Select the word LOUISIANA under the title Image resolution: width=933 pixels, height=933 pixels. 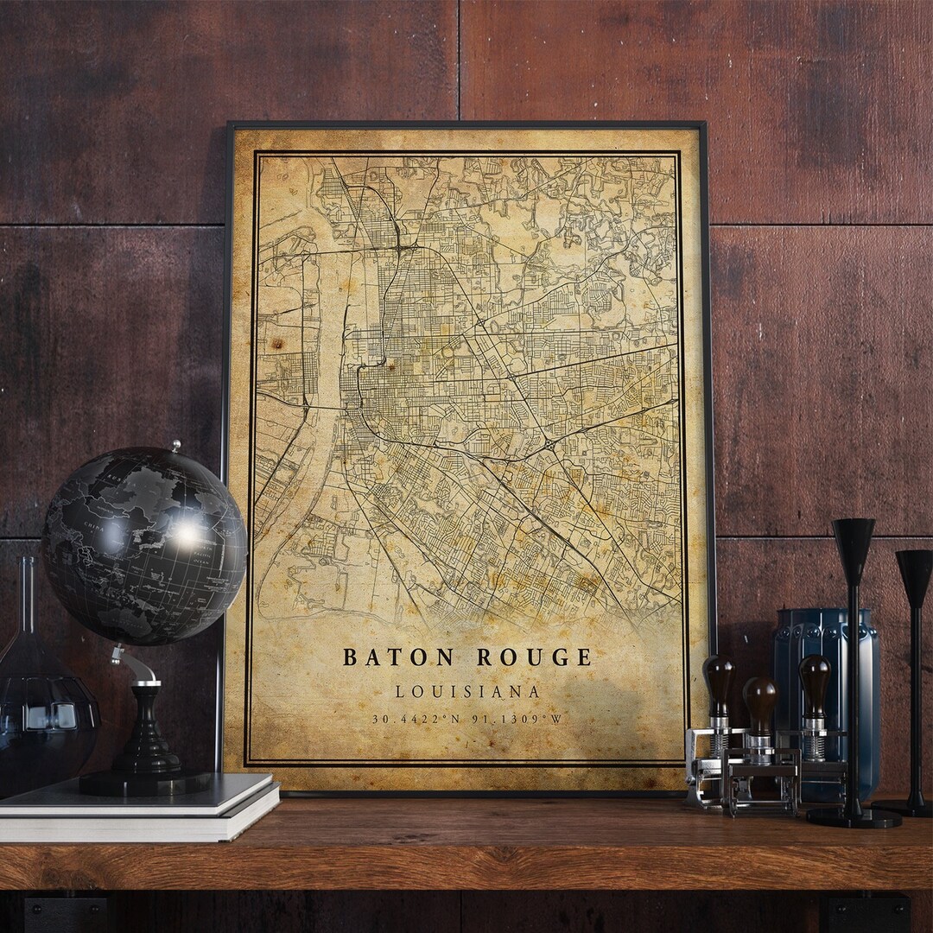pos(467,692)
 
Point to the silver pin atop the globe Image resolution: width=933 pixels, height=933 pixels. pos(176,446)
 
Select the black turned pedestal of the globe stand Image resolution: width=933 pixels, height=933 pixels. pos(145,734)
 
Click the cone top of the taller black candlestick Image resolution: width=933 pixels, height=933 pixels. pos(854,540)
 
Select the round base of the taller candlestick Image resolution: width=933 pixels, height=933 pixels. pos(854,816)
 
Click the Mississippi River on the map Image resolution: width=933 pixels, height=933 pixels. pos(324,415)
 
